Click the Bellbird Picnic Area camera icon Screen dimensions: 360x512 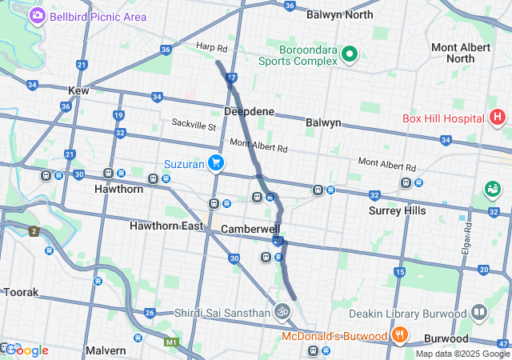(37, 16)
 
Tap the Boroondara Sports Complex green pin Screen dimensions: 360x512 (349, 54)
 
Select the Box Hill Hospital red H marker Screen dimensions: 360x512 (498, 118)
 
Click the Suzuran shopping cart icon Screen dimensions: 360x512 (215, 163)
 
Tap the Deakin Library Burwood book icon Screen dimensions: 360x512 (479, 311)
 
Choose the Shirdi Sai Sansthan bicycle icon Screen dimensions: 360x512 (282, 311)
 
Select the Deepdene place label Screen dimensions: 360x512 (250, 111)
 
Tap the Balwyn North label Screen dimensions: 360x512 (340, 14)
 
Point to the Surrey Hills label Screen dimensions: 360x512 (398, 210)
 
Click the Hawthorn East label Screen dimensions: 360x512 (166, 226)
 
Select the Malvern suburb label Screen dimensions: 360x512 (106, 350)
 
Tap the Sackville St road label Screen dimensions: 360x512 (194, 126)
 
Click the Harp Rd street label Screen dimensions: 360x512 (211, 48)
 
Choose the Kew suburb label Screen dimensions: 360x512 (79, 91)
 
